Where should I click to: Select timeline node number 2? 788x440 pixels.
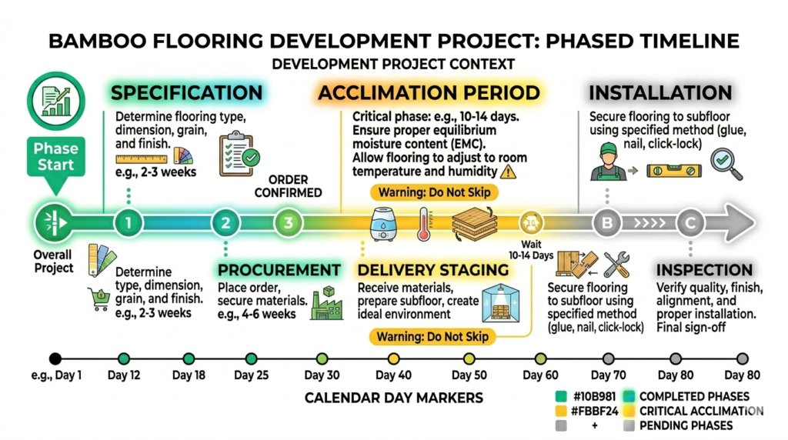pos(225,224)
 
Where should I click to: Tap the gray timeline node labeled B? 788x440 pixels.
pos(607,224)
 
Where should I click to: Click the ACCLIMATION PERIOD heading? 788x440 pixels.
pos(429,94)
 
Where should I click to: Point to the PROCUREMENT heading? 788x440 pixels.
pos(279,270)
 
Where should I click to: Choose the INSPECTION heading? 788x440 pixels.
pos(703,270)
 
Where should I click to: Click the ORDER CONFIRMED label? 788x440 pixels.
pos(289,185)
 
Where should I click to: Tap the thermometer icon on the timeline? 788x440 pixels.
pos(425,223)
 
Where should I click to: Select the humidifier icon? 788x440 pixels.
pos(383,223)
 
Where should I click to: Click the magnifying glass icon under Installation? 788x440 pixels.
pos(726,164)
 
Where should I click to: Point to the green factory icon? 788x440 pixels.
pos(326,305)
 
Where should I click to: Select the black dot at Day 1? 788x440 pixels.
pos(55,358)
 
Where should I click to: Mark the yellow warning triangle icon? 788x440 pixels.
pos(508,172)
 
